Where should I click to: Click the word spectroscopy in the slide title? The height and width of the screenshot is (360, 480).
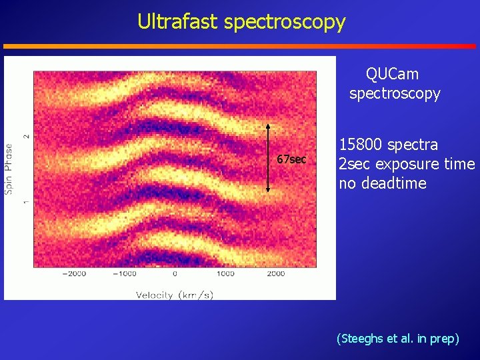pos(285,23)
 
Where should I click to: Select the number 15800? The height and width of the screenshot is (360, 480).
pos(361,145)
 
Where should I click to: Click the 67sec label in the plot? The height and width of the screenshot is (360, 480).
pos(292,159)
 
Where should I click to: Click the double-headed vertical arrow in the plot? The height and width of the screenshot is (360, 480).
pos(268,158)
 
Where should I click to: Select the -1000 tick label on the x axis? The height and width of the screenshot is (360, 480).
pos(124,273)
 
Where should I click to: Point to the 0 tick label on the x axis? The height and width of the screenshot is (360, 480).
pos(175,273)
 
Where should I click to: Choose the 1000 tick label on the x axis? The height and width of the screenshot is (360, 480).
pos(225,273)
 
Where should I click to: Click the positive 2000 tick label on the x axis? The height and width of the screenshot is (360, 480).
pos(276,273)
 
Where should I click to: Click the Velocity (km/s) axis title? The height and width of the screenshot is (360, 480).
pos(175,295)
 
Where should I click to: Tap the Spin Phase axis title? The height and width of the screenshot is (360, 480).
pos(9,169)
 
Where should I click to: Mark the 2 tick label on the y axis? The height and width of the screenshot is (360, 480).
pos(27,135)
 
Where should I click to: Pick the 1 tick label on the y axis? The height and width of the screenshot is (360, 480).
pos(27,201)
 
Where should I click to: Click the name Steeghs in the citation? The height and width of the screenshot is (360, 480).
pos(365,339)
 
